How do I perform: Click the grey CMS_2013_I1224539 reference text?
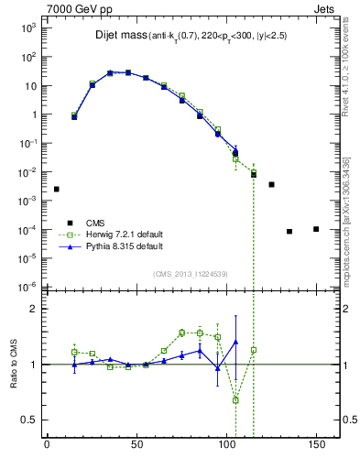191,272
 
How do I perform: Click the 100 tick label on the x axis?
226,445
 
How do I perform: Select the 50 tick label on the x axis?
136,445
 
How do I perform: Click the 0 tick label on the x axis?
47,445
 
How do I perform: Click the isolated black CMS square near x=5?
56,189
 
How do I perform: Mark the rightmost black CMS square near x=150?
316,229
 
